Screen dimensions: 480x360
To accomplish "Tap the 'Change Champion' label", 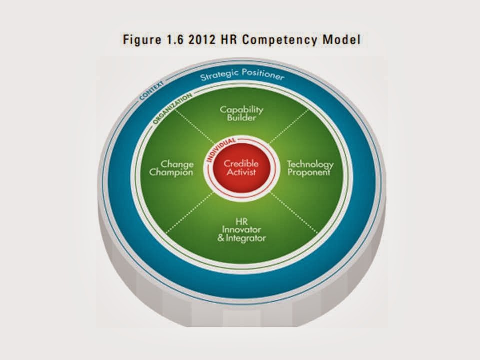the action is click(x=176, y=168).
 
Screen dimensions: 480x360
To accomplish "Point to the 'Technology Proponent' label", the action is click(x=310, y=168).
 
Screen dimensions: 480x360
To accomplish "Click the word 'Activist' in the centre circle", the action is click(x=241, y=172).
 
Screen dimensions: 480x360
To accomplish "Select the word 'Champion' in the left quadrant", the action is click(x=176, y=172).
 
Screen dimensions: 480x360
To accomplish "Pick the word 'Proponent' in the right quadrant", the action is click(x=310, y=173).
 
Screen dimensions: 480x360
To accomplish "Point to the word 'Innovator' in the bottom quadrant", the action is click(x=241, y=229).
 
